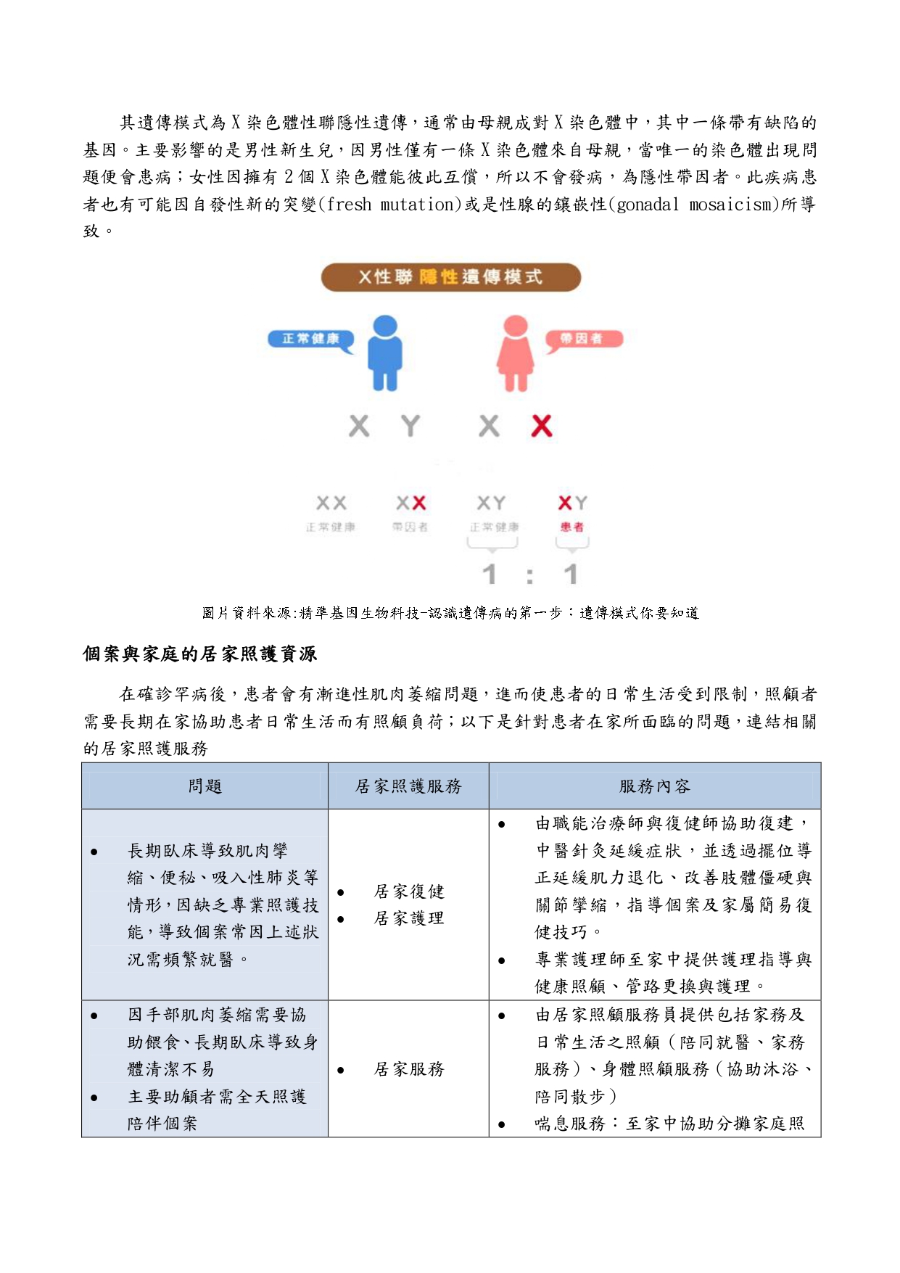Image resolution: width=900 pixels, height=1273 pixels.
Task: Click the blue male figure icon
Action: coord(384,353)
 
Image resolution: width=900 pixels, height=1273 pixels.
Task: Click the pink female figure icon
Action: coord(515,353)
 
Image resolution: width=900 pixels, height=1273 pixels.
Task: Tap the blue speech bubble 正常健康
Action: coord(310,339)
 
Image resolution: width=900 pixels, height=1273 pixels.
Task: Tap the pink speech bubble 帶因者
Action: coord(582,339)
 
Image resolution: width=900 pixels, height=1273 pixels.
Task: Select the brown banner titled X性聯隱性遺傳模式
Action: coord(450,277)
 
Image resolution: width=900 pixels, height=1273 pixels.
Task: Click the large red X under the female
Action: coord(541,426)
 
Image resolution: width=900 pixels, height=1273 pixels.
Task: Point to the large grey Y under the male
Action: coord(410,426)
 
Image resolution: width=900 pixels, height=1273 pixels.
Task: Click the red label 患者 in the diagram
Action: coord(571,527)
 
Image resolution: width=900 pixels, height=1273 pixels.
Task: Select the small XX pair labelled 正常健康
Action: coord(331,503)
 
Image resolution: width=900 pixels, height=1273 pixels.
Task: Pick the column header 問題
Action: coord(205,786)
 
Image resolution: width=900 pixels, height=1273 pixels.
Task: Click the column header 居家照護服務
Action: coord(408,786)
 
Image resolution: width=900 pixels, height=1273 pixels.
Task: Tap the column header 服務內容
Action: coord(654,786)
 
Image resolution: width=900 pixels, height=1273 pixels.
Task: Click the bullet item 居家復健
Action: coord(409,891)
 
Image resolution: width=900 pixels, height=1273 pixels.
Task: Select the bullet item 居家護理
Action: coord(409,918)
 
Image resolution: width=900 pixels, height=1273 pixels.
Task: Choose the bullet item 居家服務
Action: coord(409,1069)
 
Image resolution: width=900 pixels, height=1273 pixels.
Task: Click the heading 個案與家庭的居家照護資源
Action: coord(200,654)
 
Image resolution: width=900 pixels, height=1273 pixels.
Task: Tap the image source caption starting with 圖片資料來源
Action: coord(450,613)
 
